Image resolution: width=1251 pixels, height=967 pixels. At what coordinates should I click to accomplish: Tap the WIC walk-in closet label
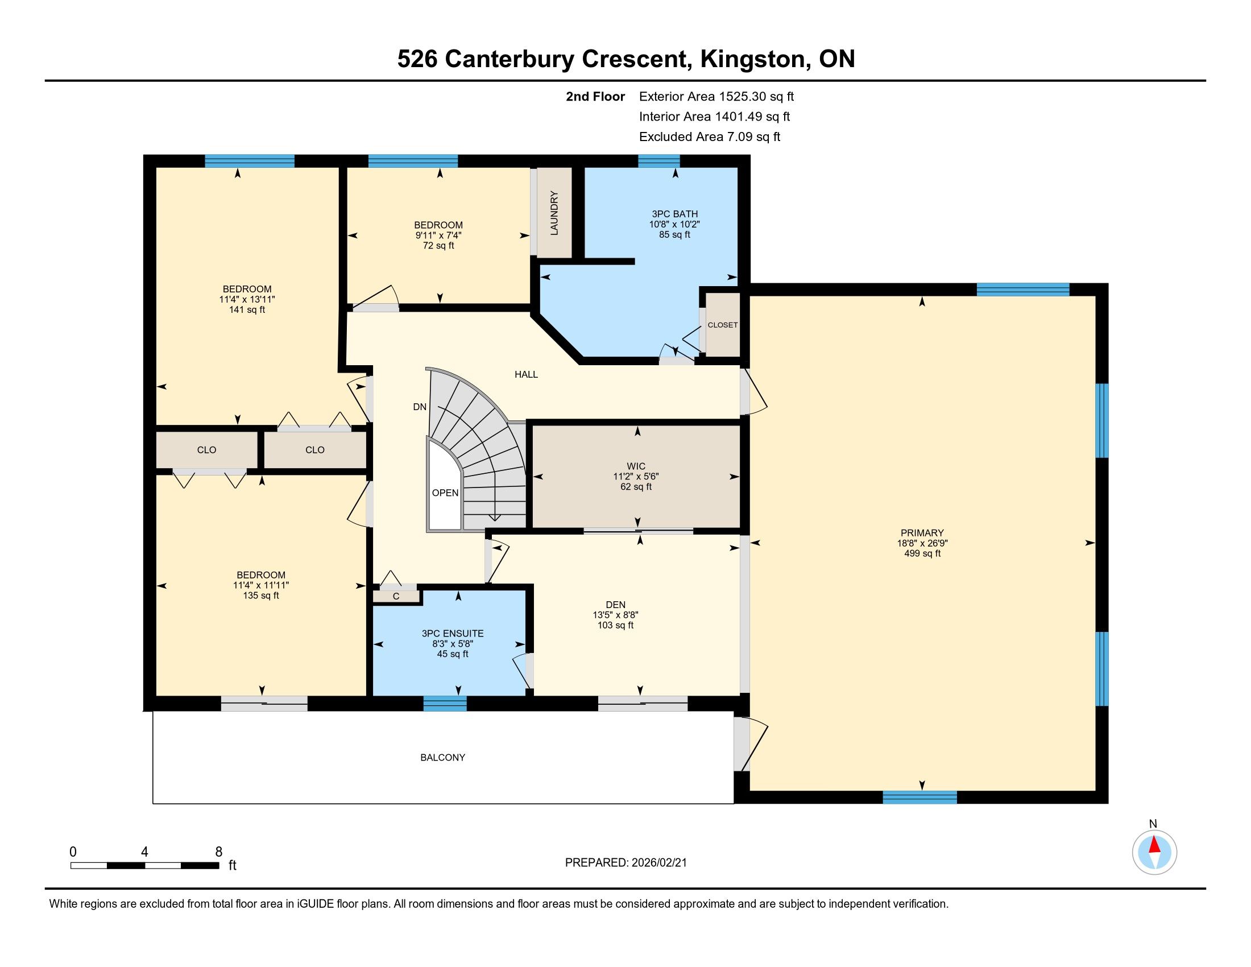(636, 466)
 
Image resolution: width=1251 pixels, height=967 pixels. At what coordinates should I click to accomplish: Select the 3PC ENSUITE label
(453, 633)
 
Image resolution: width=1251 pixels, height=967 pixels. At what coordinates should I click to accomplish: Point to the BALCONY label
(443, 757)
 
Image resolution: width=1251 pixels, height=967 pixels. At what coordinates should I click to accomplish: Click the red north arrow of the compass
(1154, 845)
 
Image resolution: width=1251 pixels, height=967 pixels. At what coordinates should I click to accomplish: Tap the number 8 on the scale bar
(218, 852)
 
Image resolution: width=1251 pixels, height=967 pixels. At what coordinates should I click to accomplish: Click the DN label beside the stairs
(420, 407)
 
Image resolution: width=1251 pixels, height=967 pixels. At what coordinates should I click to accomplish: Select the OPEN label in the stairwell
(445, 493)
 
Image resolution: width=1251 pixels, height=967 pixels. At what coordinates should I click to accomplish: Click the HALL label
(526, 375)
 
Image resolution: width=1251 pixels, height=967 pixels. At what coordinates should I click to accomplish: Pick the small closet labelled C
(396, 596)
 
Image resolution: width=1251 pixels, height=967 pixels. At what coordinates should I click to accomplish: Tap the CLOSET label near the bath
(722, 325)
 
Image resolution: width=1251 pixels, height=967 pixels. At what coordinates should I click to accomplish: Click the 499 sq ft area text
(922, 553)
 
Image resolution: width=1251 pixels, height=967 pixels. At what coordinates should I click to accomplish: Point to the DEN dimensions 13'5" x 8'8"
(615, 615)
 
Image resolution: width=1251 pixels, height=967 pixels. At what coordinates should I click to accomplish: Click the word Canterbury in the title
(509, 59)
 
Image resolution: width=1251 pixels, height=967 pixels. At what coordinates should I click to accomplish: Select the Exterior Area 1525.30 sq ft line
(716, 96)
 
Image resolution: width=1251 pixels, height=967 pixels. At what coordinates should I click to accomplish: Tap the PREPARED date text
(625, 863)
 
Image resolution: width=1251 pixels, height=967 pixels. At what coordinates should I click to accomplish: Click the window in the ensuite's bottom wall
(445, 704)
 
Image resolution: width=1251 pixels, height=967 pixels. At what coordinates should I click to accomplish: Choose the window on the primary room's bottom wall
(919, 797)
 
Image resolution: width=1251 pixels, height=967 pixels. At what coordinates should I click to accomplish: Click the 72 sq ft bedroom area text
(438, 246)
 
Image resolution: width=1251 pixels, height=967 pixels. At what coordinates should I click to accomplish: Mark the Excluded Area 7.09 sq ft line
(710, 137)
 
